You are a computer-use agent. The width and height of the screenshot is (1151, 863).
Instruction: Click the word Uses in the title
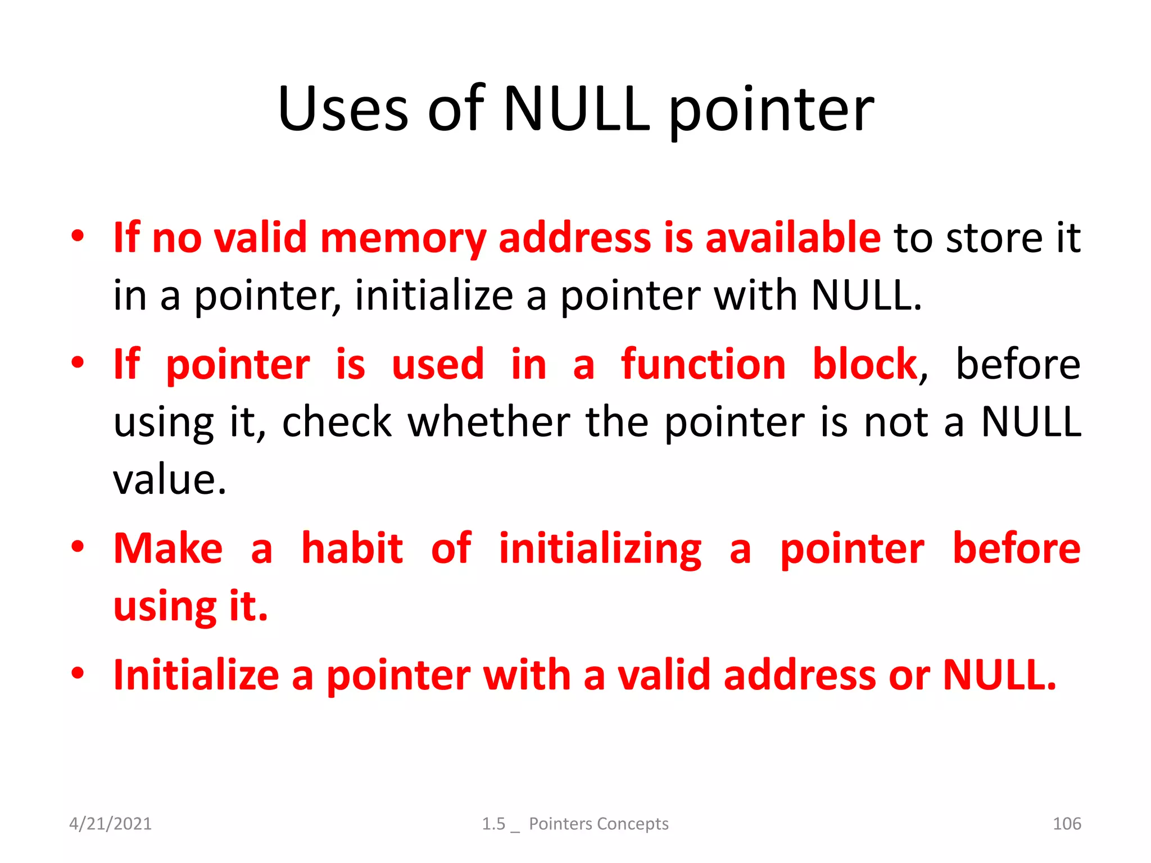(343, 109)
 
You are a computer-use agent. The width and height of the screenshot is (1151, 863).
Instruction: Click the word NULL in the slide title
(576, 109)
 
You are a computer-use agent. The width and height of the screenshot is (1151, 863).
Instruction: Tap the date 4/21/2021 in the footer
(110, 824)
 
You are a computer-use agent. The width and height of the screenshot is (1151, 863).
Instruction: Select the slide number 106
(1066, 824)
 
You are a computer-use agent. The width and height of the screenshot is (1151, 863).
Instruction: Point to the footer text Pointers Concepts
(599, 824)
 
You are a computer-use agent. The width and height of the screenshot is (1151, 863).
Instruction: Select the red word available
(792, 238)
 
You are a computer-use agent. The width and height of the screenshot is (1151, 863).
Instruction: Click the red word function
(703, 365)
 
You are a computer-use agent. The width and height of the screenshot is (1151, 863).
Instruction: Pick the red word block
(864, 365)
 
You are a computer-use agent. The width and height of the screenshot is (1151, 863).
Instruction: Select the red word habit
(352, 548)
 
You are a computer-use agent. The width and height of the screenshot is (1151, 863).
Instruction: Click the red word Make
(168, 548)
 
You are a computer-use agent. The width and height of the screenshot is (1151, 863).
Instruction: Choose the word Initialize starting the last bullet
(196, 675)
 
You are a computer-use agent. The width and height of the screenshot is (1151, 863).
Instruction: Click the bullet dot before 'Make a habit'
(78, 547)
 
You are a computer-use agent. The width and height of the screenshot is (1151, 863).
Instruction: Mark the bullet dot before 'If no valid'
(78, 236)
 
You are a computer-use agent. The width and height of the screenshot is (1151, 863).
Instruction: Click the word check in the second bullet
(336, 422)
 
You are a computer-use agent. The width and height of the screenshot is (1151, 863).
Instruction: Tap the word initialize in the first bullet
(434, 296)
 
